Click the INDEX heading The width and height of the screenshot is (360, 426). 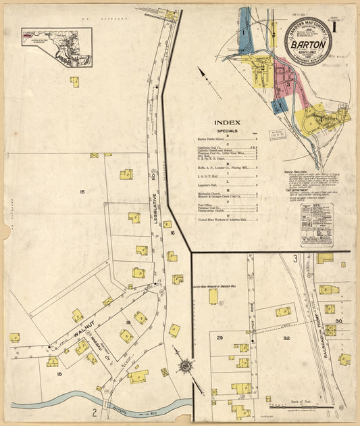[x=227, y=122]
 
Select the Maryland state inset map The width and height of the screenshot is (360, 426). [x=57, y=46]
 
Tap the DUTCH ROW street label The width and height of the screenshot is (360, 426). [x=252, y=317]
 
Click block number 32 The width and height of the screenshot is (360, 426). [x=286, y=337]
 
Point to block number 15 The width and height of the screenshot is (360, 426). [x=82, y=193]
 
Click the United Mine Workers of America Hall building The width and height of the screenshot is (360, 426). [x=213, y=296]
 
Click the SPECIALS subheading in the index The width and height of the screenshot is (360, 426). [x=227, y=131]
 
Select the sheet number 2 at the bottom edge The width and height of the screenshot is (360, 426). [x=95, y=412]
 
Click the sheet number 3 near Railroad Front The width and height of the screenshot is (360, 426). [x=294, y=259]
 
